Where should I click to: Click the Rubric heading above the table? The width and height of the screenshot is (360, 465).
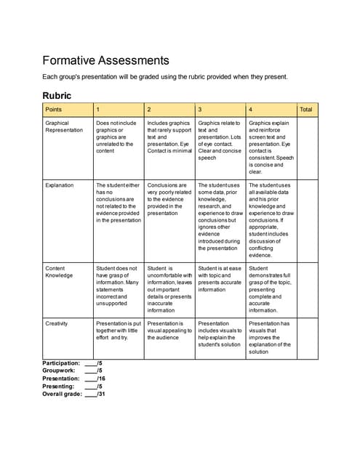[57, 95]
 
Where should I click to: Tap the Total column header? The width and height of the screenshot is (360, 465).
[306, 110]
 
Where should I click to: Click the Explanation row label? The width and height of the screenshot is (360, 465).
[59, 185]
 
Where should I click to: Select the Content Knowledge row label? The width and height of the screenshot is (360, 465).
[60, 272]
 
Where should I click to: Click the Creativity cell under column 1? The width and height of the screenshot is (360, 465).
[118, 331]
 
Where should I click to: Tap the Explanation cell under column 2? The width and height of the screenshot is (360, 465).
[169, 199]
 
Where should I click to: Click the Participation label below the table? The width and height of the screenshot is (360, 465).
[61, 363]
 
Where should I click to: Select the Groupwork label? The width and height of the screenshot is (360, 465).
[57, 371]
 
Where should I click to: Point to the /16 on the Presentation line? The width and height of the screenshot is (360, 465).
[101, 379]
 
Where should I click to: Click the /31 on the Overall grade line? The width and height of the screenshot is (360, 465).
[101, 395]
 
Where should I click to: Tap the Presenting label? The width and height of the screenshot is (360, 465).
[59, 387]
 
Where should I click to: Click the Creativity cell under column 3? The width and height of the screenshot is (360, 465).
[219, 331]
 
